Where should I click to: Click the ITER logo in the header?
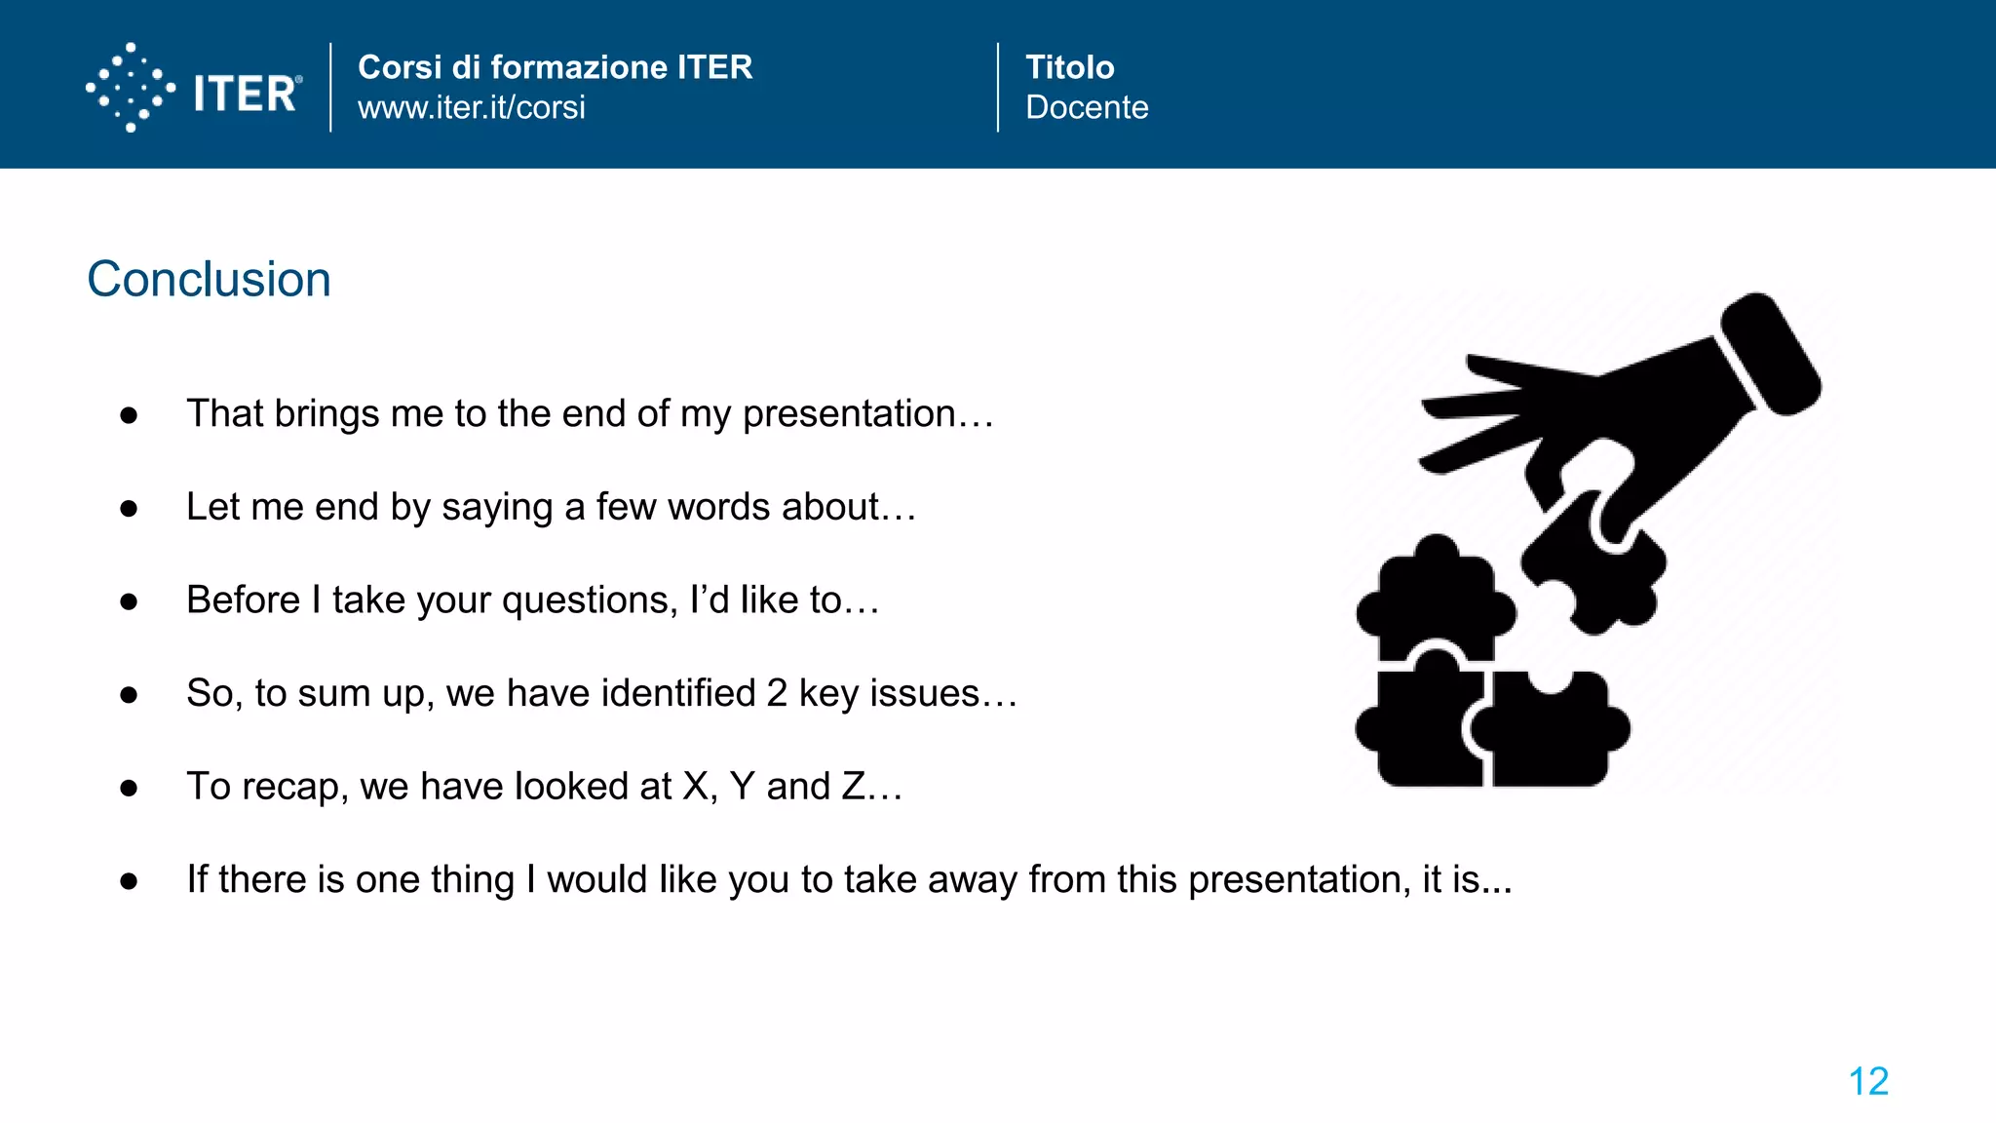[x=194, y=89]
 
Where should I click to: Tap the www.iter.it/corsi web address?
[x=472, y=107]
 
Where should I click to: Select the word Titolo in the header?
[x=1069, y=66]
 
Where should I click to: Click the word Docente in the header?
[x=1087, y=107]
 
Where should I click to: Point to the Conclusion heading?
[x=210, y=280]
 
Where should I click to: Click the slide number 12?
[x=1868, y=1081]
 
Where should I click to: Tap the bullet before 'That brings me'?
[x=129, y=416]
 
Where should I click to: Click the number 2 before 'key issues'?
[x=777, y=693]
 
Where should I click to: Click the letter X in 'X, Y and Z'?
[x=695, y=787]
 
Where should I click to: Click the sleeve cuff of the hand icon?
[x=1770, y=353]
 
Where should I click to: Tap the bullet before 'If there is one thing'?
[x=129, y=881]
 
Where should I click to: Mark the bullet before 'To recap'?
[x=129, y=788]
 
